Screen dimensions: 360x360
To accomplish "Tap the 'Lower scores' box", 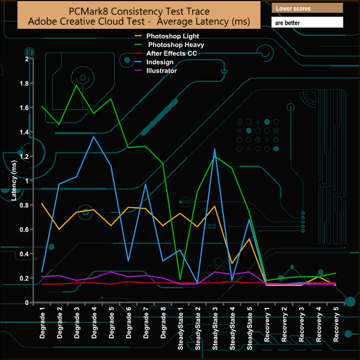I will [307, 9].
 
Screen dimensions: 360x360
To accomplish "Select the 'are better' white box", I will [307, 22].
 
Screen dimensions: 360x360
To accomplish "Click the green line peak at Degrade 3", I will [77, 85].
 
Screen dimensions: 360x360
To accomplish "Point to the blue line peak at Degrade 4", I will [94, 136].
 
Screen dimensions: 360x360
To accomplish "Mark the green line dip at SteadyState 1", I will [180, 279].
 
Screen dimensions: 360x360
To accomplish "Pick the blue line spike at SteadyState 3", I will [214, 149].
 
